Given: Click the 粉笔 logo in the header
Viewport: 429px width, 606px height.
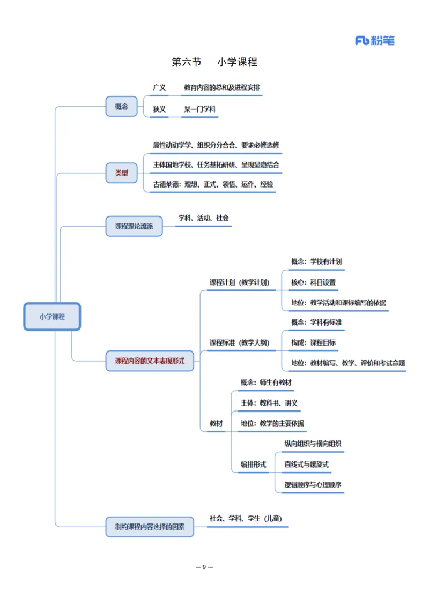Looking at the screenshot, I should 374,40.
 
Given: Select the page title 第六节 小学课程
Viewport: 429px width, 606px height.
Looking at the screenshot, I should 214,62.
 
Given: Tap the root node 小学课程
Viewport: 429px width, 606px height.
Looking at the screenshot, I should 52,316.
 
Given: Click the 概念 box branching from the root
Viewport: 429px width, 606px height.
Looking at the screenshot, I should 122,106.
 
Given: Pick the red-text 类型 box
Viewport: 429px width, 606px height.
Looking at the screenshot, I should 122,173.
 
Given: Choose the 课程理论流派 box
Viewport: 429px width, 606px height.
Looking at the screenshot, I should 134,227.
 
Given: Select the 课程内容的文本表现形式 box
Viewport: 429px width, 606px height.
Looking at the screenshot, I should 150,361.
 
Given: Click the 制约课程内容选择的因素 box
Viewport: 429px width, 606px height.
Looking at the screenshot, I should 150,526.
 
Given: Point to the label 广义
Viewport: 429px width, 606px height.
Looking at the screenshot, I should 159,87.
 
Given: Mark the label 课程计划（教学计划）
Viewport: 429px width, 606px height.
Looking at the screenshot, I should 239,282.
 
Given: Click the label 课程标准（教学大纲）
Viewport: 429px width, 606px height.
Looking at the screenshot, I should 239,343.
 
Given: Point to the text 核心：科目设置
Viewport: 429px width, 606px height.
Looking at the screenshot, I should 314,282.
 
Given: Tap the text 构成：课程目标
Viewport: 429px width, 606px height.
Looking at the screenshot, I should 314,343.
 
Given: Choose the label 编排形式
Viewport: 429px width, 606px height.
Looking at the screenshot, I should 253,465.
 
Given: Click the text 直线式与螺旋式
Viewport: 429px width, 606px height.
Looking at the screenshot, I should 306,465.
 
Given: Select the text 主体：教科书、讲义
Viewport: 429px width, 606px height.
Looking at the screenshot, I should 269,403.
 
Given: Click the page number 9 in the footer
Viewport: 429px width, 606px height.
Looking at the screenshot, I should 204,567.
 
